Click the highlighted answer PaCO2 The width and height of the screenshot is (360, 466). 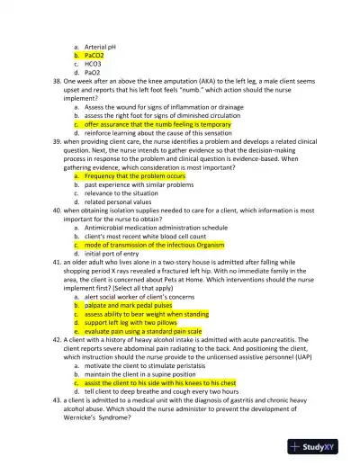click(x=94, y=53)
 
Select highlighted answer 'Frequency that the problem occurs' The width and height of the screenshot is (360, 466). click(x=135, y=176)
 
